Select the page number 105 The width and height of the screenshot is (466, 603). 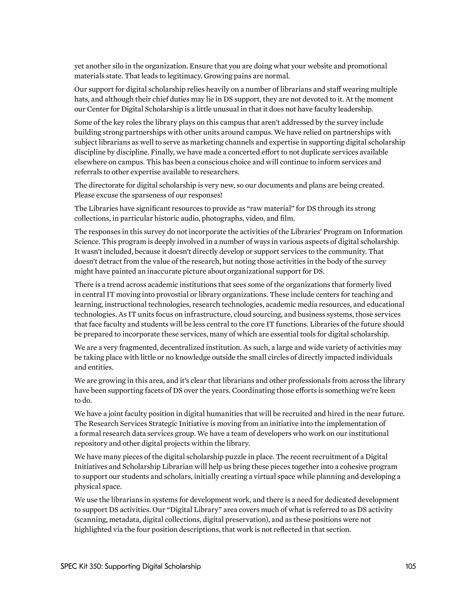[410, 566]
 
